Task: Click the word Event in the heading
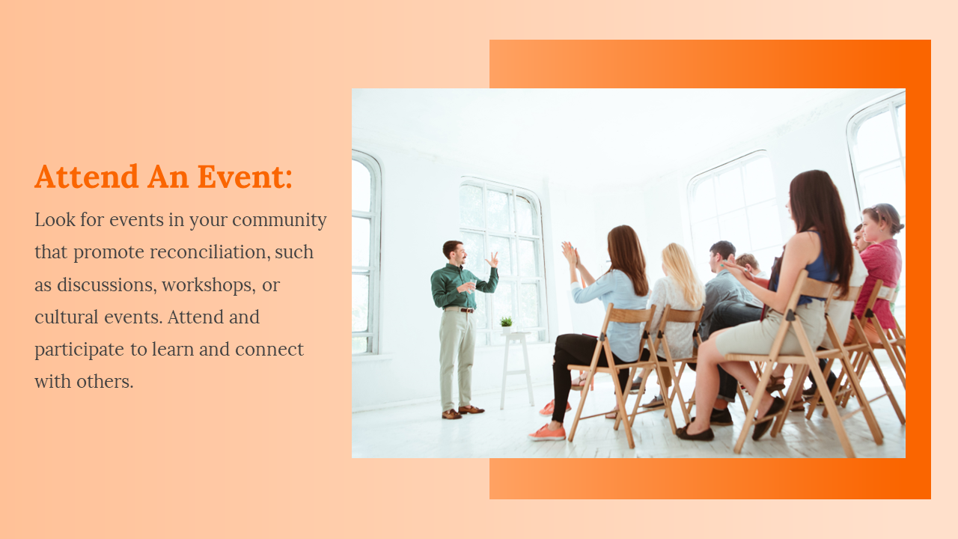245,176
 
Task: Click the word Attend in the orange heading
86,176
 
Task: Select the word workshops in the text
208,285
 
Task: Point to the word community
279,221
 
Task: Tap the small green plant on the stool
507,322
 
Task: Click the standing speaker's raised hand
493,259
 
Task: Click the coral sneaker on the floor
547,433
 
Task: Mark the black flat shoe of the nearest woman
695,433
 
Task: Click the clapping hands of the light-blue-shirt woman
570,253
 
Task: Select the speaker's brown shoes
463,412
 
